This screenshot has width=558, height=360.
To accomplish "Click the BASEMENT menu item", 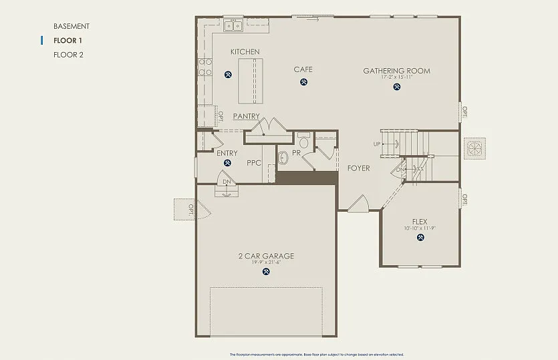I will coord(71,26).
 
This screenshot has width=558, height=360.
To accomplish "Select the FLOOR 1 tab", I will coord(67,41).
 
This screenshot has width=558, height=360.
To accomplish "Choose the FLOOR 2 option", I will coord(68,55).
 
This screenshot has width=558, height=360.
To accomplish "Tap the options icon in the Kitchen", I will coord(229,74).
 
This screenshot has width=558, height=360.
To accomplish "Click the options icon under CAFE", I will coord(303,82).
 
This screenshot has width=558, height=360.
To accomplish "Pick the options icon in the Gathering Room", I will coord(396,86).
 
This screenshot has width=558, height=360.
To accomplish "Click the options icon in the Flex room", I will coord(420,237).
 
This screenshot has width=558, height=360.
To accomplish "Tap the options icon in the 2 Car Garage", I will coord(267,271).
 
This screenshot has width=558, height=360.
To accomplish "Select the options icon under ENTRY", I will coord(227,162).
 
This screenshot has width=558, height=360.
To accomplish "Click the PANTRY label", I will coord(246,116).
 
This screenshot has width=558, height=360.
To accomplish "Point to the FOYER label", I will coord(358,168).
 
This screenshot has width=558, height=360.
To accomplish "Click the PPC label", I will coord(253,162).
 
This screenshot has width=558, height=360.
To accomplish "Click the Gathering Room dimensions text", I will coord(396,77).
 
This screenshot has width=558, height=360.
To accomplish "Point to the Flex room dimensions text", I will coord(420,228).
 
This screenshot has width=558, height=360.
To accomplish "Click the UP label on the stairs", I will coord(377,144).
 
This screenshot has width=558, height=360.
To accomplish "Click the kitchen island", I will coord(250,80).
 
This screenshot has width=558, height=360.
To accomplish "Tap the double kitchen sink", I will coord(233,26).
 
